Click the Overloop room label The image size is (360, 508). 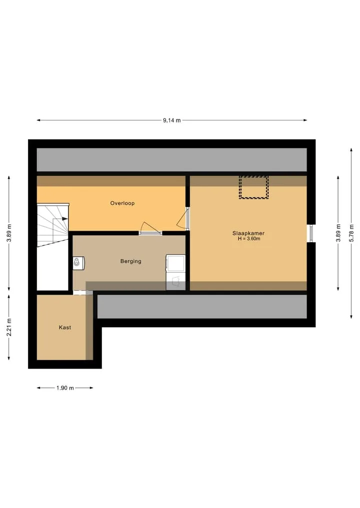[x=122, y=203]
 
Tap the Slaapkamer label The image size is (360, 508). [x=248, y=233]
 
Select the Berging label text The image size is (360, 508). [x=130, y=261]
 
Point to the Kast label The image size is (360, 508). [x=65, y=328]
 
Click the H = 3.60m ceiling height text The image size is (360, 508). [x=249, y=239]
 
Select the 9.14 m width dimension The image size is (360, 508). [x=172, y=120]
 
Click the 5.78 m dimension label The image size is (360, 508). [x=351, y=233]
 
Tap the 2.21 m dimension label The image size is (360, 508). [x=9, y=327]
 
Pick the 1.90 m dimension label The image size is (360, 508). [x=65, y=388]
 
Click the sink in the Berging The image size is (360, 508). [x=78, y=262]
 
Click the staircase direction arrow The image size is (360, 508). [x=65, y=219]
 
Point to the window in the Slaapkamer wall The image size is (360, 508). [x=311, y=233]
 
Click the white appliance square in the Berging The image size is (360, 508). [x=176, y=264]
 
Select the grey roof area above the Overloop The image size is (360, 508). [x=171, y=160]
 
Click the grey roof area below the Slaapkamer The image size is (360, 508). [x=202, y=307]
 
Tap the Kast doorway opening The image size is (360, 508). [x=82, y=293]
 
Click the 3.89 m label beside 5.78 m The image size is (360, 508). [x=338, y=233]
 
